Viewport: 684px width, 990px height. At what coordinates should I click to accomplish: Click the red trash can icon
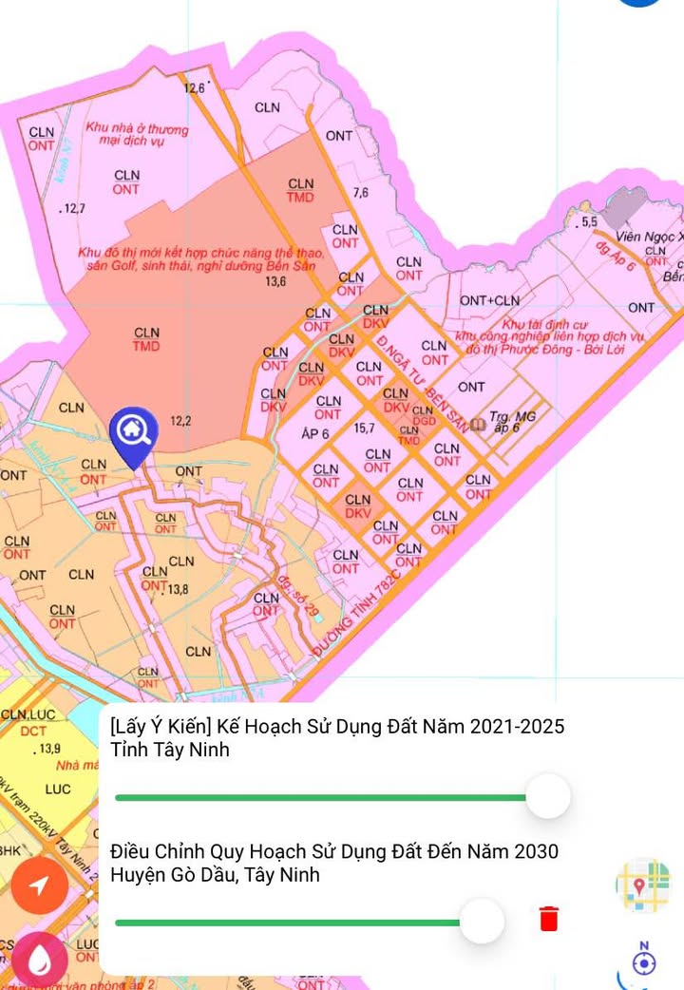(x=548, y=919)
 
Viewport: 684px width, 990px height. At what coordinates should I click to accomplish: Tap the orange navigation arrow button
(x=39, y=885)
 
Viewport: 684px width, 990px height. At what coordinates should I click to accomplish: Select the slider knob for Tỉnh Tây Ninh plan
(x=547, y=796)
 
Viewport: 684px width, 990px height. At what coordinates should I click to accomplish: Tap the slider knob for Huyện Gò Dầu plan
(x=482, y=921)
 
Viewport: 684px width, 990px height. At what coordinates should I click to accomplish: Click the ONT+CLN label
(x=489, y=300)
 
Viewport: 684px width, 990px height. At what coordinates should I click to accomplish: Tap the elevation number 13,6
(x=275, y=281)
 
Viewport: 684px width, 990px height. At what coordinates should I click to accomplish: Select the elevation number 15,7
(x=363, y=428)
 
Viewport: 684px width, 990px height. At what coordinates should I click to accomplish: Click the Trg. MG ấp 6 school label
(x=511, y=421)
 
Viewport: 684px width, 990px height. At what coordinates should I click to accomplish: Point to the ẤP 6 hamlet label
(x=314, y=433)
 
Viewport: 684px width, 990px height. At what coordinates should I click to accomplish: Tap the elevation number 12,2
(x=180, y=420)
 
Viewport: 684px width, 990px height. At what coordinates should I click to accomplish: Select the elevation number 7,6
(x=360, y=193)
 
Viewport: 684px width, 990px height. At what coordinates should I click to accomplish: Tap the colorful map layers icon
(x=642, y=885)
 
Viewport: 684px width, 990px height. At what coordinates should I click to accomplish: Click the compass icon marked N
(x=643, y=961)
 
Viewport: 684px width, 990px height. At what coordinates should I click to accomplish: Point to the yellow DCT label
(x=33, y=731)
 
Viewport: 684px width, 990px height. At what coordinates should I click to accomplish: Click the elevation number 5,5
(x=589, y=221)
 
